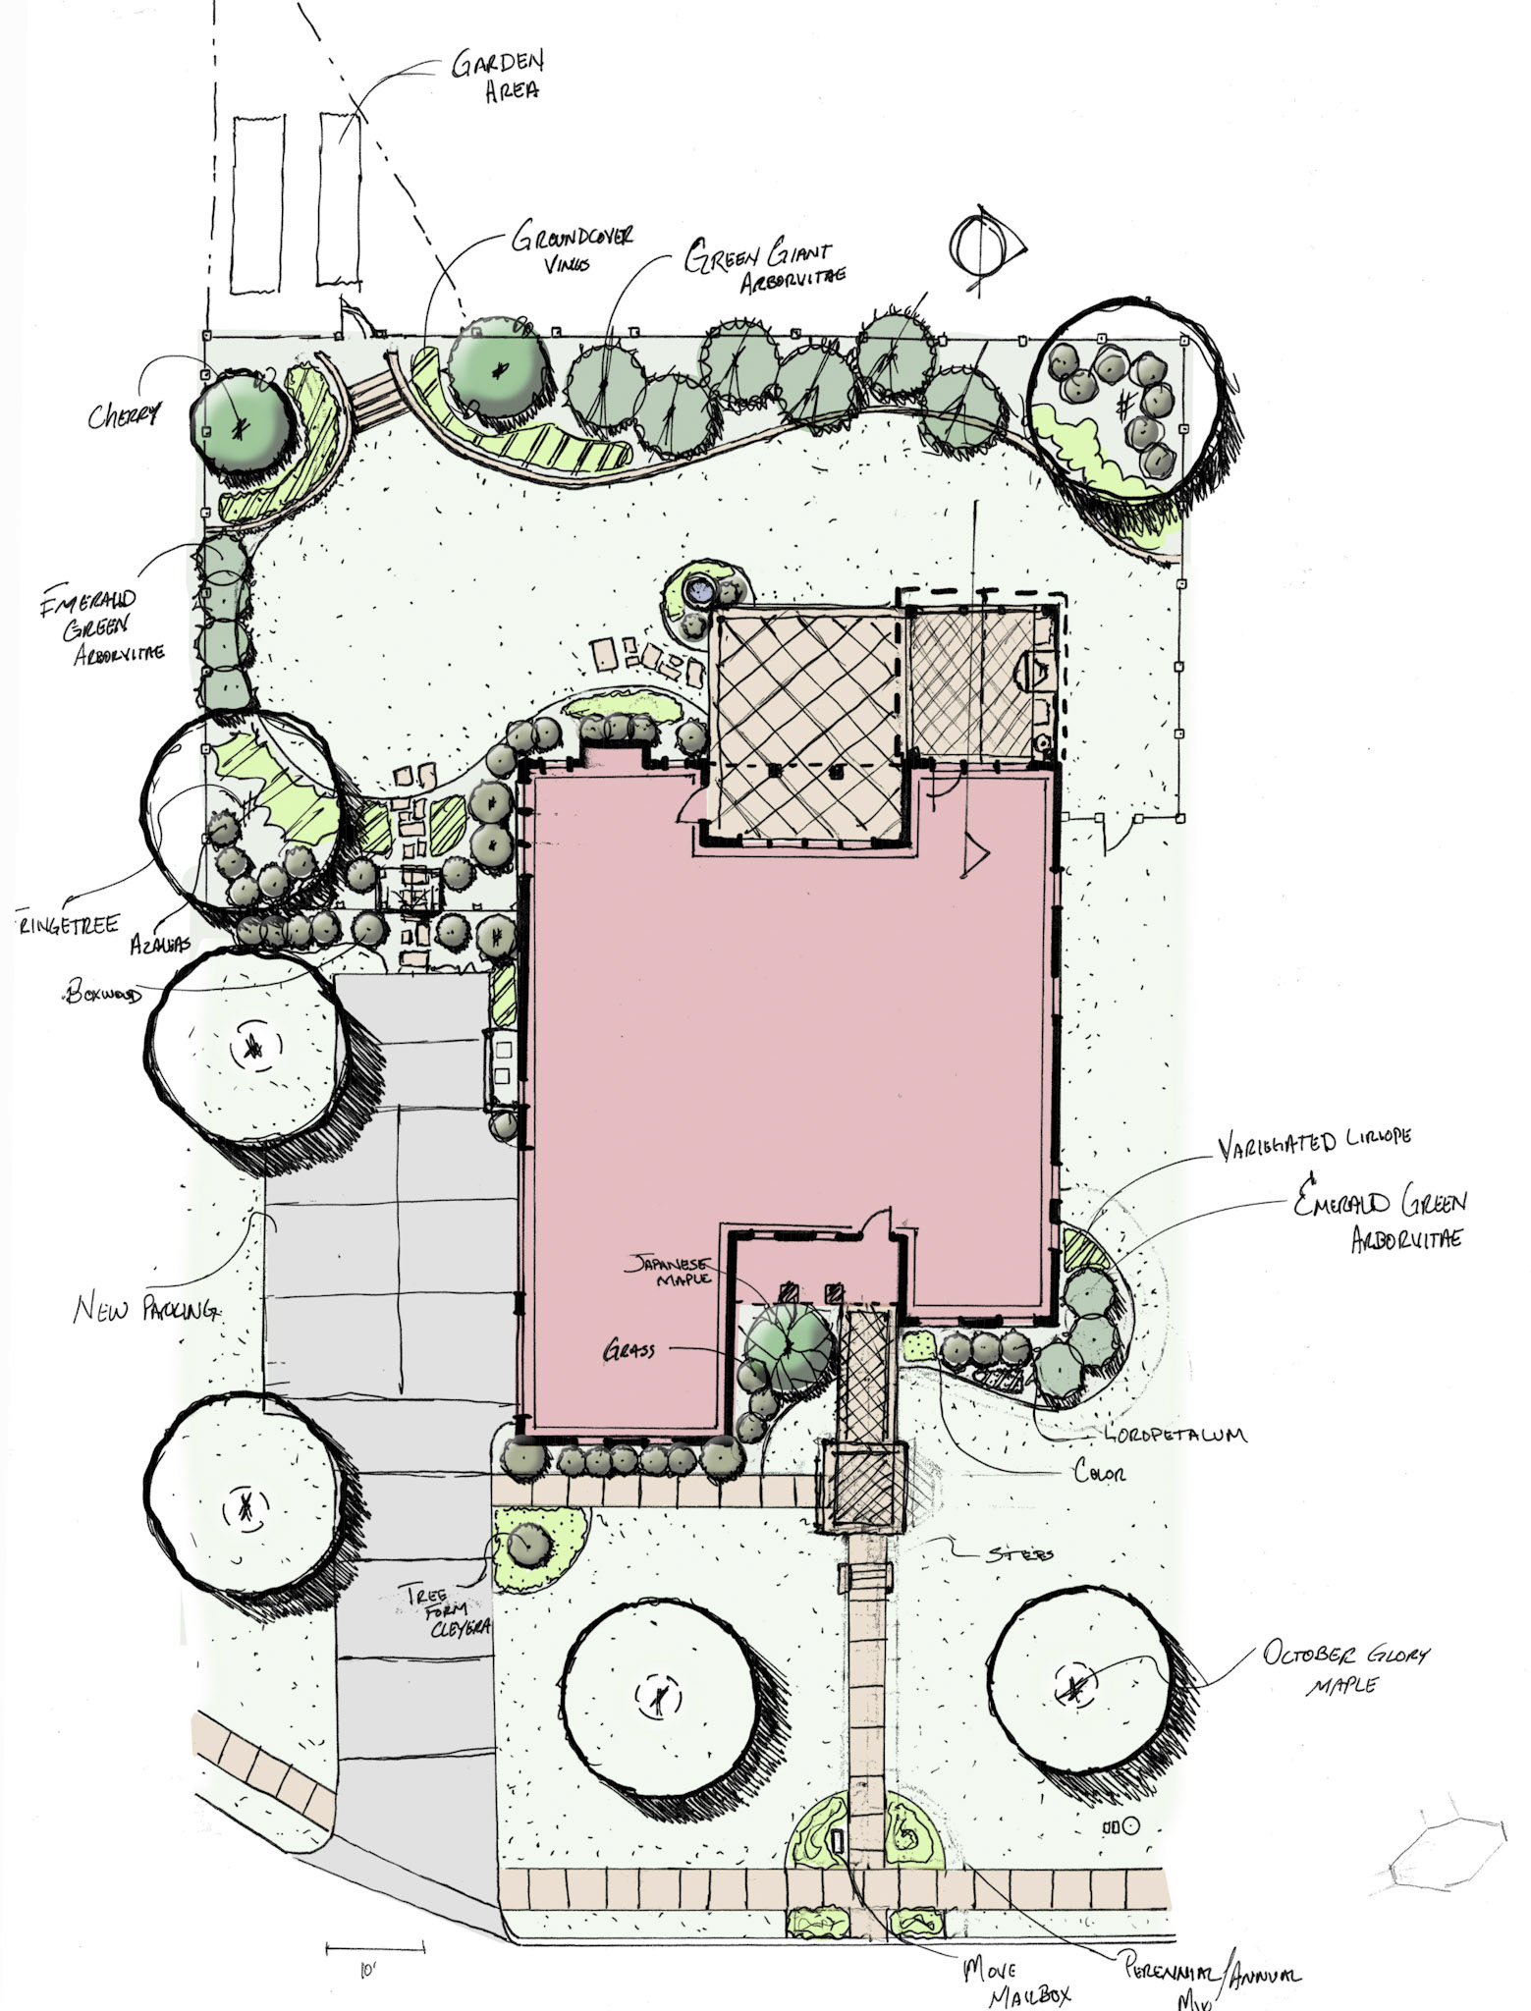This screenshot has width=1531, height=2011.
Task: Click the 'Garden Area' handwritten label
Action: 497,77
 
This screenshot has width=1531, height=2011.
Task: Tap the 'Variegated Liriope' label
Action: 1314,1140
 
